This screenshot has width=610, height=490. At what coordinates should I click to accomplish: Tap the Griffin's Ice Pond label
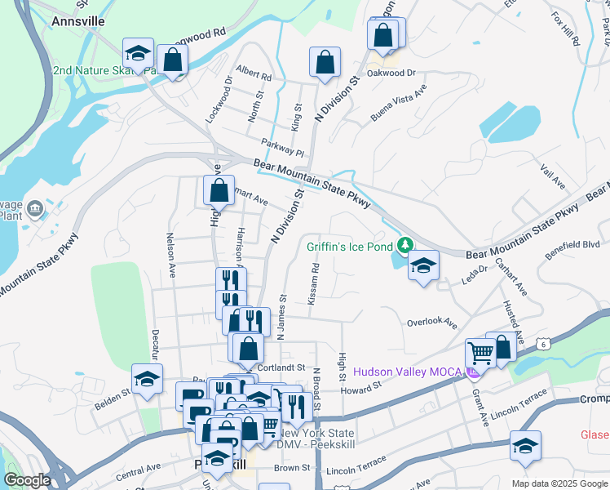(351, 246)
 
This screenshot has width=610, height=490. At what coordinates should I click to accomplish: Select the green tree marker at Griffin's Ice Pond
(404, 244)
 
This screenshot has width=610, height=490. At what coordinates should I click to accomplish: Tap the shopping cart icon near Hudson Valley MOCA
(480, 354)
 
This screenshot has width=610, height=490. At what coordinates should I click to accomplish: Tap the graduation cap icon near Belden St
(147, 379)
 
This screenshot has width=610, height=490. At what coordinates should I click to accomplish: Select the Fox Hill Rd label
(564, 29)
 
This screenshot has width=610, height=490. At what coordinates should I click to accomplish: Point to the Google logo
(27, 480)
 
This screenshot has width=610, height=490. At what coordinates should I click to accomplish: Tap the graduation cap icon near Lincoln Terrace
(526, 446)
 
